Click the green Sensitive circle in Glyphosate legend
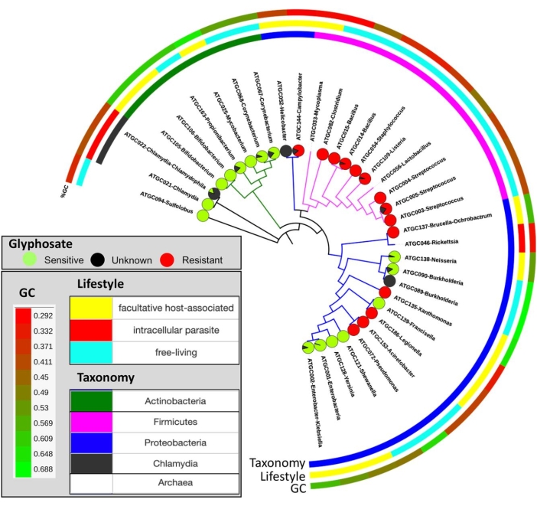tap(17, 260)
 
